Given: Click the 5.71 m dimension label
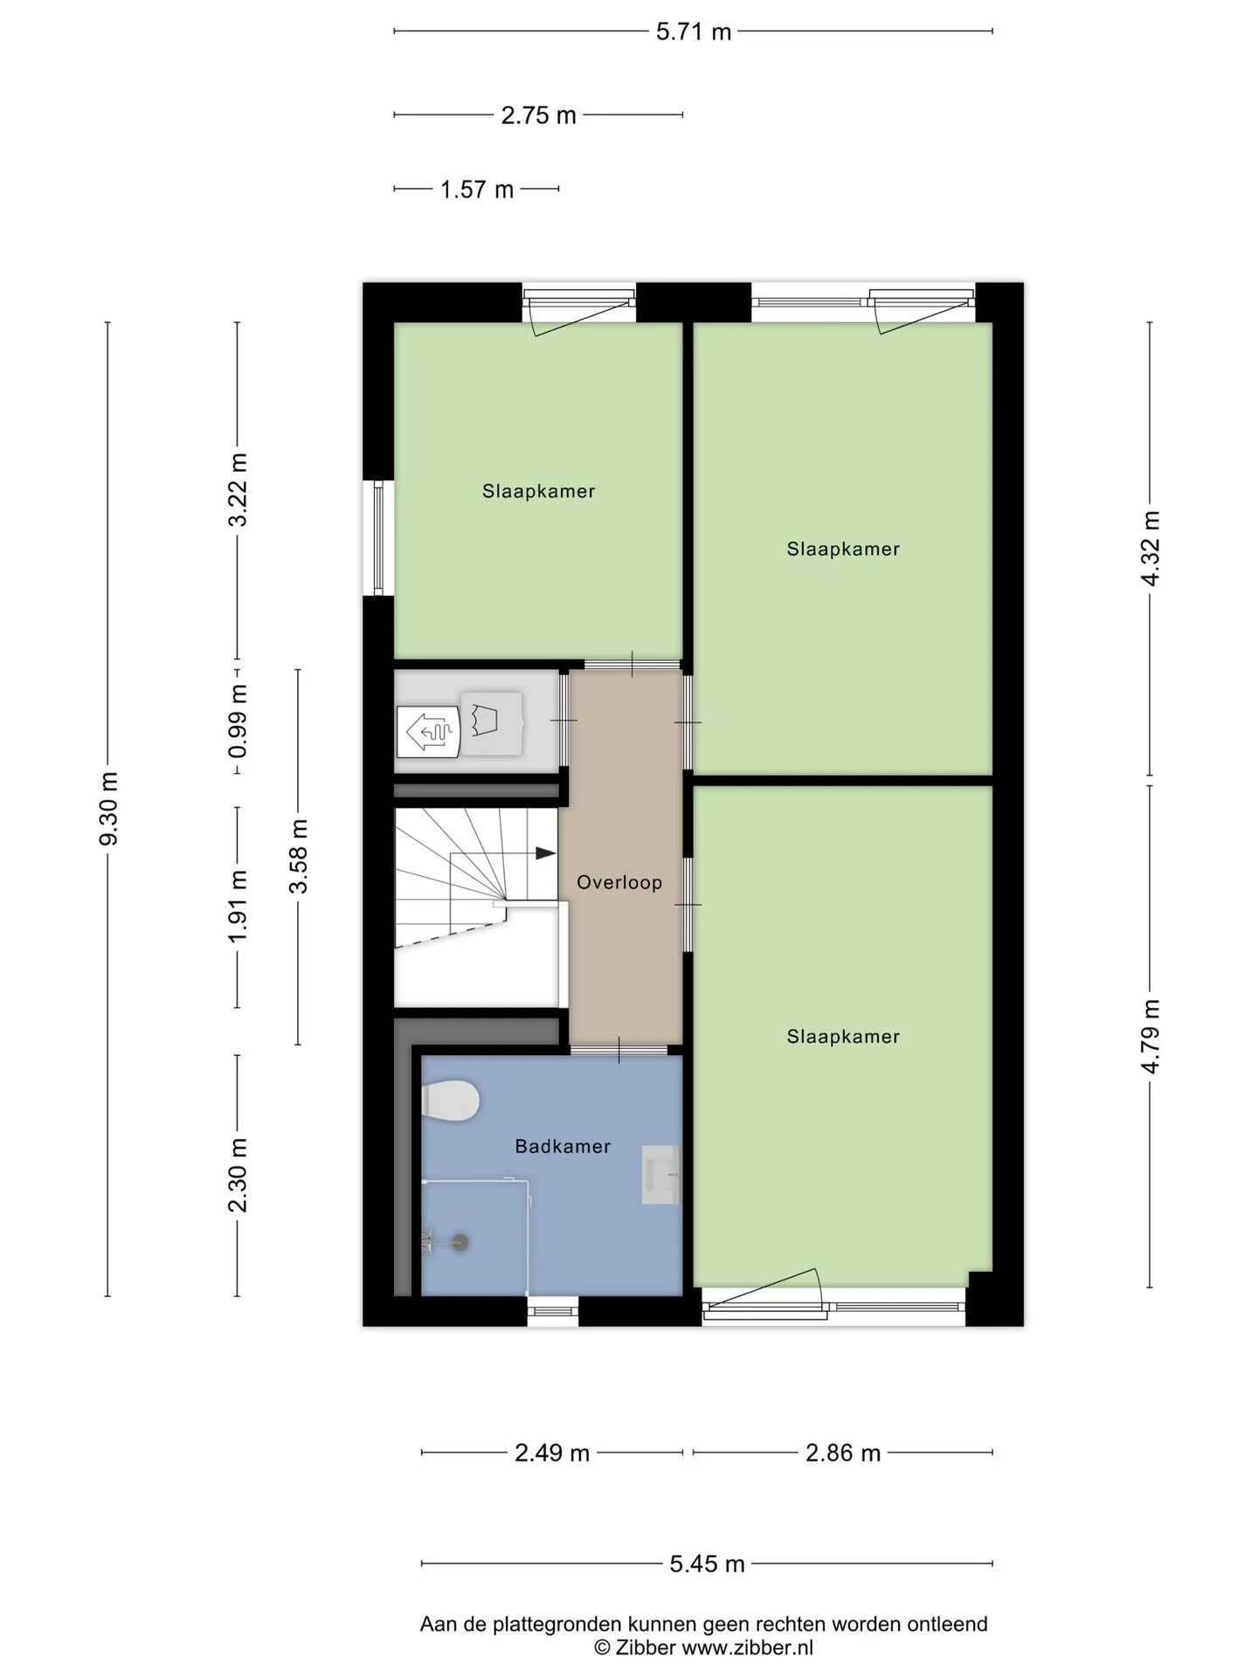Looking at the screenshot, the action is point(694,32).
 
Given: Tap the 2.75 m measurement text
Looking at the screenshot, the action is point(539,115).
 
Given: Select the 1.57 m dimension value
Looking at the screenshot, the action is point(477,190).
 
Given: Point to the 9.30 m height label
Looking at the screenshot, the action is point(109,809).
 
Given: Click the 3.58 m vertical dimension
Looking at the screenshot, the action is point(299,856).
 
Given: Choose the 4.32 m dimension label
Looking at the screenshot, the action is point(1151,549).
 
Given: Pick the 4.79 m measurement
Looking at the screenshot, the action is point(1151,1036).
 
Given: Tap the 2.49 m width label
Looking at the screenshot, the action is point(552,1453).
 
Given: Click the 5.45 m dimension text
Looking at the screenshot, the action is point(708,1563).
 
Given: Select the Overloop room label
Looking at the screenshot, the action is point(619,882).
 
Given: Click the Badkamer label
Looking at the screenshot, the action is point(563,1146).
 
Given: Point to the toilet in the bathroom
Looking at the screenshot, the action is point(450,1101).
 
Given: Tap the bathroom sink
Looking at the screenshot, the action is point(660,1175).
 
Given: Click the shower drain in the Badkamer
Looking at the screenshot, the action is point(460,1242).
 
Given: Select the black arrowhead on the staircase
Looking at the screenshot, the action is point(546,853).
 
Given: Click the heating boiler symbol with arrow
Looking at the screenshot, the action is point(428,731).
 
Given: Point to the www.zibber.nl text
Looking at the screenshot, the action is point(747,1647).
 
